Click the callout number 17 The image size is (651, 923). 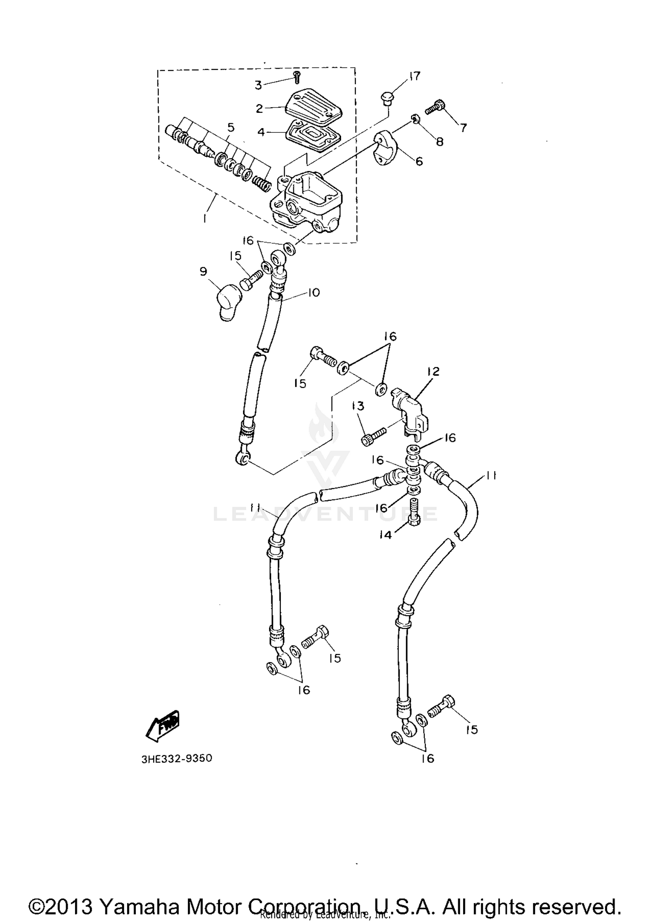(415, 76)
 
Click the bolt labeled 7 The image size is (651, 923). (436, 107)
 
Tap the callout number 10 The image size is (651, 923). (313, 292)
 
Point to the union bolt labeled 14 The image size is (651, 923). (414, 513)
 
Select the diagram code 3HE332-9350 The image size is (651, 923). (177, 759)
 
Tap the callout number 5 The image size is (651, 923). (231, 128)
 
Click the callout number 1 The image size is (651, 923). (204, 219)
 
